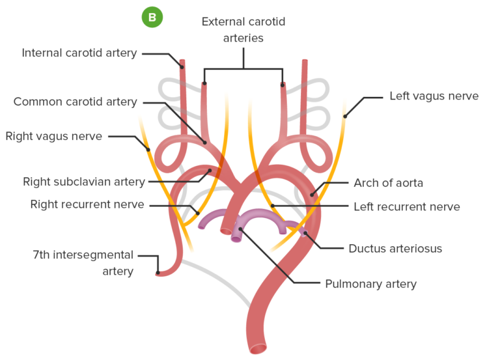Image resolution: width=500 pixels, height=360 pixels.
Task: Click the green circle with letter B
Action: pyautogui.click(x=152, y=18)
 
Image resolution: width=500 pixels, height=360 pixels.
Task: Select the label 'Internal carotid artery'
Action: pyautogui.click(x=79, y=53)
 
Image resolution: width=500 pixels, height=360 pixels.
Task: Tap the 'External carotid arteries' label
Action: pyautogui.click(x=243, y=30)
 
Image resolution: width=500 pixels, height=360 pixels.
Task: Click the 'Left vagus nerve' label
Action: pyautogui.click(x=434, y=96)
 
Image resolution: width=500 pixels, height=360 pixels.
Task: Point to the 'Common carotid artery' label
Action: pyautogui.click(x=75, y=102)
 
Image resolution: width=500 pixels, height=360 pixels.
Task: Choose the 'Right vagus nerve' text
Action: pyautogui.click(x=53, y=136)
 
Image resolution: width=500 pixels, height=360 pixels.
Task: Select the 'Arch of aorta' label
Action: pyautogui.click(x=388, y=183)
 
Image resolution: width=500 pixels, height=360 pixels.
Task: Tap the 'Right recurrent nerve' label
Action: pyautogui.click(x=87, y=204)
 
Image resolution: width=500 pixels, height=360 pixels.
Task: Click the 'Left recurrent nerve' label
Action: pyautogui.click(x=407, y=207)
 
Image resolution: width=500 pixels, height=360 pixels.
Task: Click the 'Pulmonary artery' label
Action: pyautogui.click(x=370, y=284)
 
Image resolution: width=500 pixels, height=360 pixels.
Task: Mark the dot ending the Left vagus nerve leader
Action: pyautogui.click(x=345, y=117)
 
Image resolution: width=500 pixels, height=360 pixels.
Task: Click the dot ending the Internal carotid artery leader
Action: pyautogui.click(x=182, y=66)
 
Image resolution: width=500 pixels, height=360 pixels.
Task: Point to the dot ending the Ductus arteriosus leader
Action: pyautogui.click(x=305, y=232)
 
